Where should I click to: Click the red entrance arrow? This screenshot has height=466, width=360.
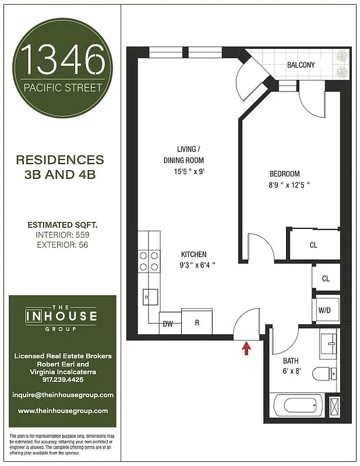[246, 348]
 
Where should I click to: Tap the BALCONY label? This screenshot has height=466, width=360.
[301, 65]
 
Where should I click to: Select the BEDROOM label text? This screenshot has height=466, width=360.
[284, 174]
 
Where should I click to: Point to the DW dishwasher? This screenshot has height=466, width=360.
[168, 323]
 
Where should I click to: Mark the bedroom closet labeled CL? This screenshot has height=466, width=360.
[313, 245]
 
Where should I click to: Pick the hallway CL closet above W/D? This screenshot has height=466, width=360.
[326, 278]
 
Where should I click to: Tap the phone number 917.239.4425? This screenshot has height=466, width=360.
[62, 379]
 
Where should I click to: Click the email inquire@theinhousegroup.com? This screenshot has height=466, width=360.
[62, 395]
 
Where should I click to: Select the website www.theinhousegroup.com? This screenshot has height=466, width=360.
[62, 411]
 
